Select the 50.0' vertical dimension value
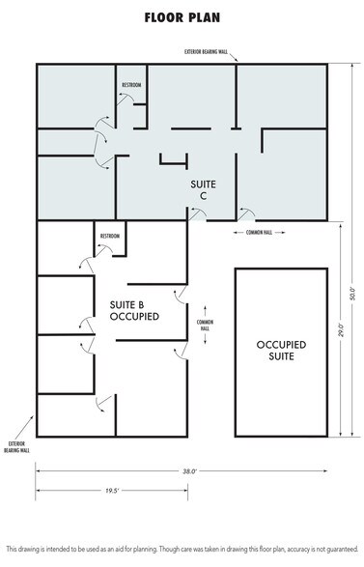click(352, 291)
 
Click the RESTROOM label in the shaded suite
click(131, 85)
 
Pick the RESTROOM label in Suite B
click(110, 236)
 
